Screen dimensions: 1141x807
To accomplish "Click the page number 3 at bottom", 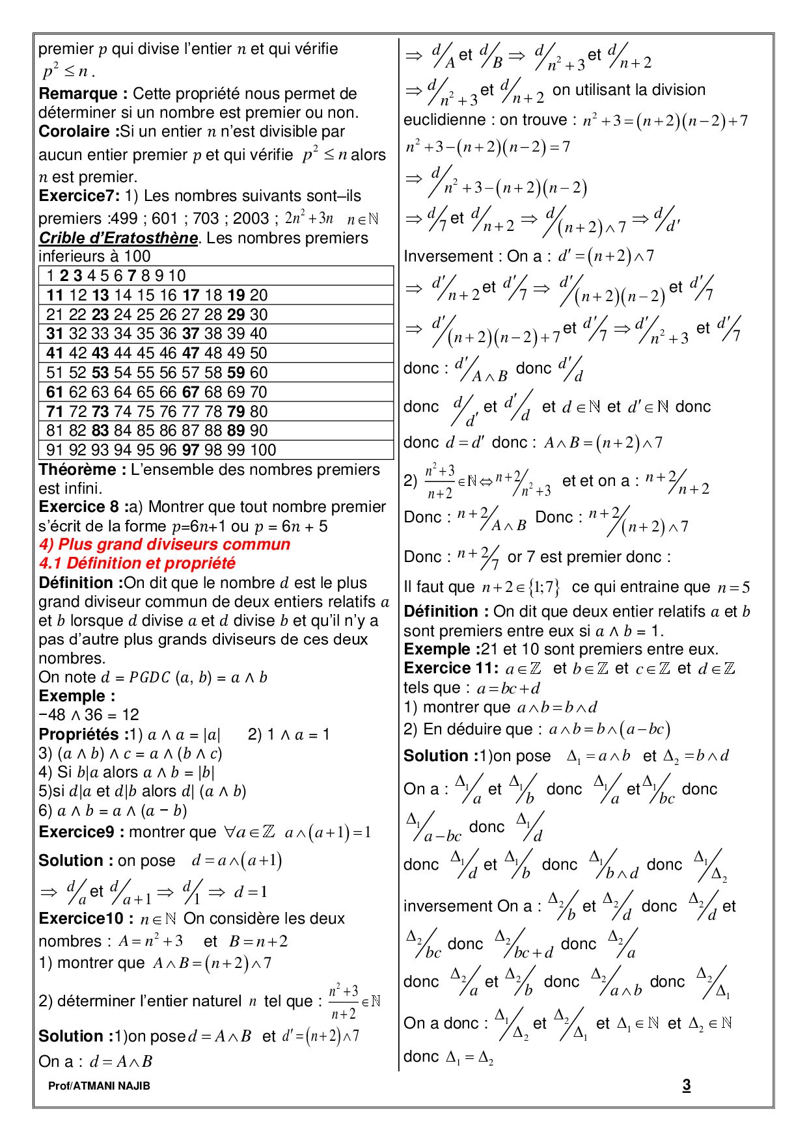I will (x=686, y=1085).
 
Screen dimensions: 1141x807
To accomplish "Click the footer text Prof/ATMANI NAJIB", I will (x=99, y=1086).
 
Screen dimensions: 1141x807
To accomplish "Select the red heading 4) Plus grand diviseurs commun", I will (x=165, y=544).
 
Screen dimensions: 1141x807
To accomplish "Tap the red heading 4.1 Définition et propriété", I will (x=137, y=563).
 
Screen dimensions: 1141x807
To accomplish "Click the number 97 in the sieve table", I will (x=191, y=450).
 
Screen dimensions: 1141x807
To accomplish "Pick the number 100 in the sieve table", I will (x=263, y=450).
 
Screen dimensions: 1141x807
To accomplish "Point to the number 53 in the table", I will (x=100, y=373).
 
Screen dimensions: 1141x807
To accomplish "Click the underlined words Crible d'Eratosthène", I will (x=118, y=238).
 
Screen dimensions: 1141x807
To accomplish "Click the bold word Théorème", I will (x=78, y=470).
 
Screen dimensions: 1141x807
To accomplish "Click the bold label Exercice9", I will (x=76, y=832).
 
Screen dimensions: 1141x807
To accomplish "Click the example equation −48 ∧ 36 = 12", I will (x=89, y=715).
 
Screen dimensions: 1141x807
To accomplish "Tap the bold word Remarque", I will (x=78, y=94).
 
